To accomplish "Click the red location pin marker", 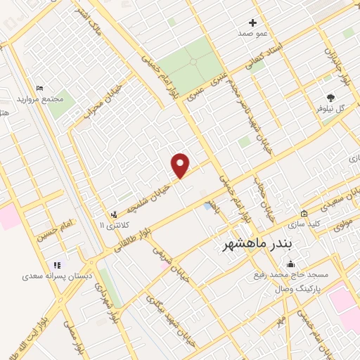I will click(x=181, y=165).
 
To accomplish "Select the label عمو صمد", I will click(x=253, y=34).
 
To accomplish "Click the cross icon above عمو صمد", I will click(x=253, y=22).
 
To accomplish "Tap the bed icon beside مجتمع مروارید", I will click(x=39, y=88).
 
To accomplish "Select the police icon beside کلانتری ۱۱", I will click(x=114, y=214).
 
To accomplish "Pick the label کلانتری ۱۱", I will click(x=111, y=225).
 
